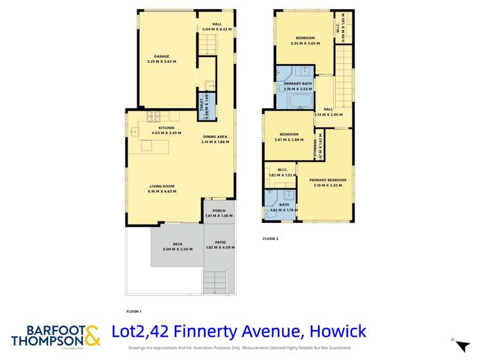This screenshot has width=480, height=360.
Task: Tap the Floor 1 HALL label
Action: click(x=216, y=24)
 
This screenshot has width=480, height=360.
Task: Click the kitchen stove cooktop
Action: click(x=153, y=116)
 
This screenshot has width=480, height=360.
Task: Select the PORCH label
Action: click(x=218, y=210)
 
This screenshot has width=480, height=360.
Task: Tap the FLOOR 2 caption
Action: click(x=270, y=239)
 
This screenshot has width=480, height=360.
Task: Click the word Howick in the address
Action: click(x=338, y=332)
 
